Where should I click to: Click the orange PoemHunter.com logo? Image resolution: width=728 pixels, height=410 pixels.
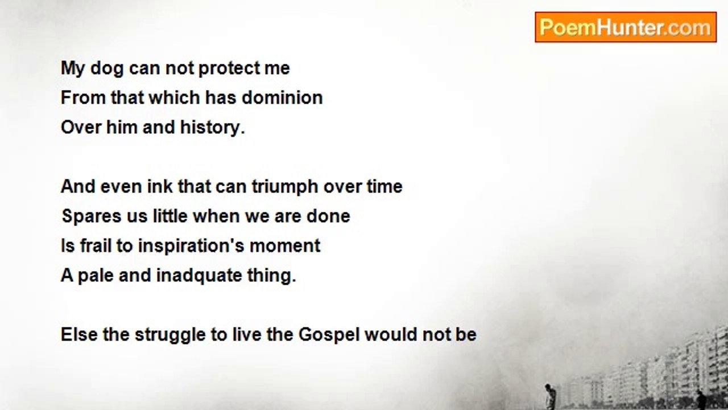pos(626,27)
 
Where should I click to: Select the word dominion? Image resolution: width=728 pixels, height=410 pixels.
pos(282,97)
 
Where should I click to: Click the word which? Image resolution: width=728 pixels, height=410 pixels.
pos(174,97)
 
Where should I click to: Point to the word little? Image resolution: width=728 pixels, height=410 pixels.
pos(170,216)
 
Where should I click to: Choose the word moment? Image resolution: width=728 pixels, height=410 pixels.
pos(285,245)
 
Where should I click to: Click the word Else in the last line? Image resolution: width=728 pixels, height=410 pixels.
pos(79,334)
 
